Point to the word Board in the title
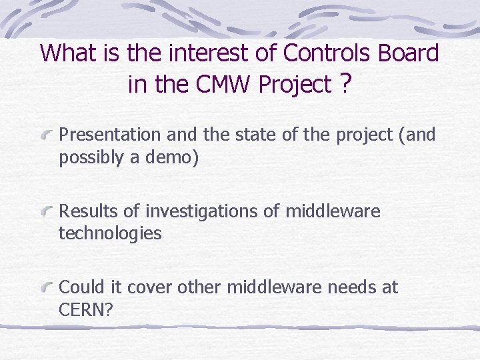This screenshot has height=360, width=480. click(407, 53)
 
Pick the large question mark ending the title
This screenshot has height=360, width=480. click(345, 83)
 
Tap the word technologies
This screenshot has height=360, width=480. click(110, 234)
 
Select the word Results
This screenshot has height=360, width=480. click(89, 211)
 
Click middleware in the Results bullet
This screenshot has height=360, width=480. click(333, 211)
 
